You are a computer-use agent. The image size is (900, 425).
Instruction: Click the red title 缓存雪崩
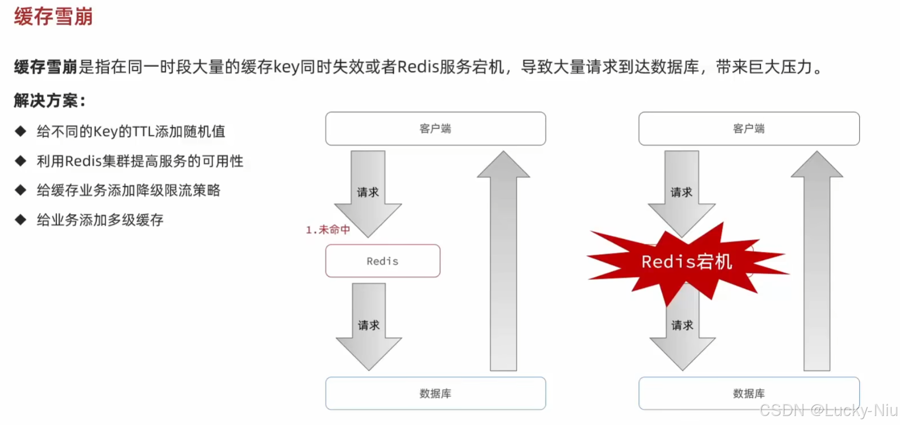[x=53, y=17]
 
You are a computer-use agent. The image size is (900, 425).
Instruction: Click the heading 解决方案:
[x=49, y=100]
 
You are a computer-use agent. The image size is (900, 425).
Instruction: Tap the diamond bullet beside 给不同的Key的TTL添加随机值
[x=21, y=131]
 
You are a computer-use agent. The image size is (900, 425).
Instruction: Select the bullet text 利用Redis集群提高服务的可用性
[x=140, y=161]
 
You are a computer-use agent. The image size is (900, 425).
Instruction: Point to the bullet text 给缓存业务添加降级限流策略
[x=128, y=190]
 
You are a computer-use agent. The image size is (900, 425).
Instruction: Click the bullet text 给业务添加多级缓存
[x=100, y=220]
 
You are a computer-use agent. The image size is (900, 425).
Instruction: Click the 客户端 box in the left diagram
[x=435, y=128]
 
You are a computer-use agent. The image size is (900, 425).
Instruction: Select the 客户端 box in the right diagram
[x=748, y=128]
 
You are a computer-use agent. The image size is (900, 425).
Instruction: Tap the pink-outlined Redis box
[x=382, y=261]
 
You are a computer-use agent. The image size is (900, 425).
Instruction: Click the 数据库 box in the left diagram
[x=435, y=393]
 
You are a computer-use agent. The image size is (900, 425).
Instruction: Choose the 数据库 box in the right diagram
[x=748, y=393]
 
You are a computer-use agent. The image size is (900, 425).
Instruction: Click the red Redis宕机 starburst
[x=687, y=261]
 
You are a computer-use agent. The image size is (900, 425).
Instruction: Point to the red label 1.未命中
[x=327, y=230]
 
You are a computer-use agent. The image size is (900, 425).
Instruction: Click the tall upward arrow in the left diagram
[x=503, y=261]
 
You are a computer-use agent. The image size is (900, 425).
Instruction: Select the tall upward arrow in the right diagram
[x=817, y=261]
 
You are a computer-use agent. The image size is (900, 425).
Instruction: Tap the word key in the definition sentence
[x=286, y=67]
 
